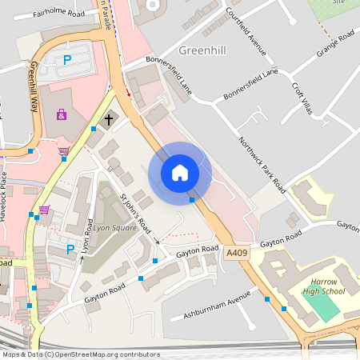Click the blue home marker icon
coord(180,173)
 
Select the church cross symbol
coord(109,120)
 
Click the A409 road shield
coord(237,253)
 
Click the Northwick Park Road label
coord(262,163)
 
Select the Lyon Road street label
coord(88,236)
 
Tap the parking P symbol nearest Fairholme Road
coord(67,60)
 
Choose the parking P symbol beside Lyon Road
coord(70,249)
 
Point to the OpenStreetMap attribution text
coord(81,354)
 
